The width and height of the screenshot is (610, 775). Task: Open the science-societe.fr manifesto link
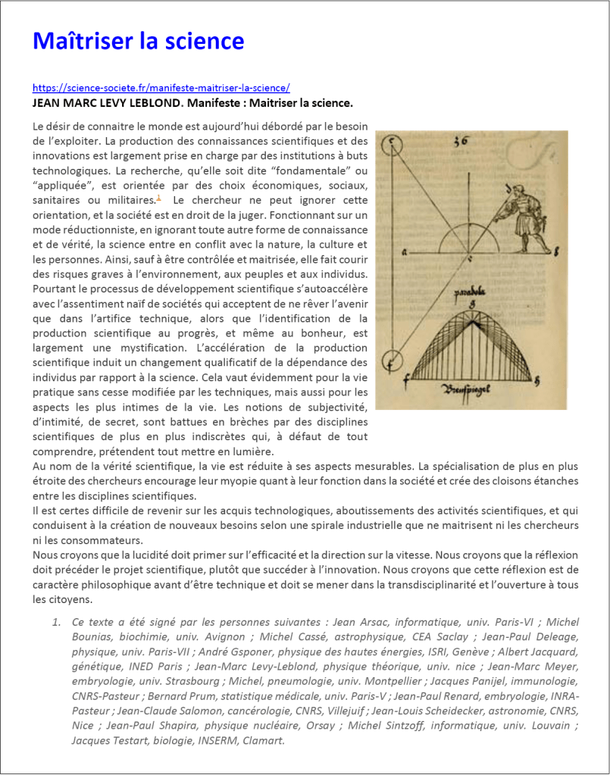[161, 87]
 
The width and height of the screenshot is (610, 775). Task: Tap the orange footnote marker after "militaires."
[158, 198]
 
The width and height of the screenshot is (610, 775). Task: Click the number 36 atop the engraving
[461, 140]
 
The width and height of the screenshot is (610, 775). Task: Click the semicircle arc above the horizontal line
[470, 235]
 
